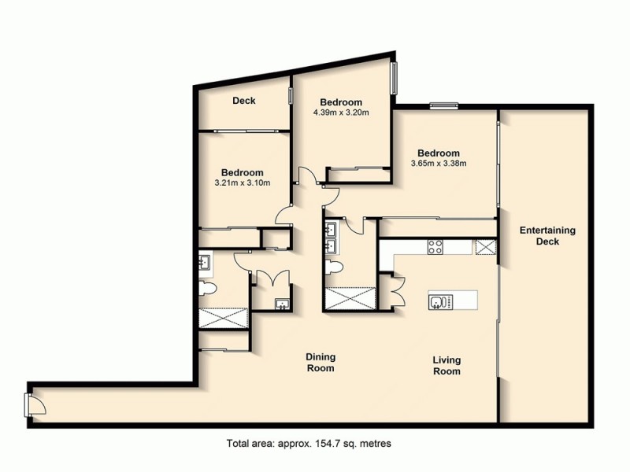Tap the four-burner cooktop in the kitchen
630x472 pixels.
click(435, 248)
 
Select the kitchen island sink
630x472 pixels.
click(439, 302)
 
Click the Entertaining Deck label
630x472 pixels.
click(547, 236)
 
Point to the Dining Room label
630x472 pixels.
click(320, 363)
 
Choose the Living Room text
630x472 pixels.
click(446, 366)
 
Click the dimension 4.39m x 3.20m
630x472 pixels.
click(341, 112)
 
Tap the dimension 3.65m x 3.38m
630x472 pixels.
click(439, 164)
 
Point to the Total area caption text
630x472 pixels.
click(308, 444)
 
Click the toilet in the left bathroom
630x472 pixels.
click(206, 291)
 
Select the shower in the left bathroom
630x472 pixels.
click(223, 317)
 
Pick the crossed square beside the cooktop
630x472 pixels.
click(485, 248)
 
